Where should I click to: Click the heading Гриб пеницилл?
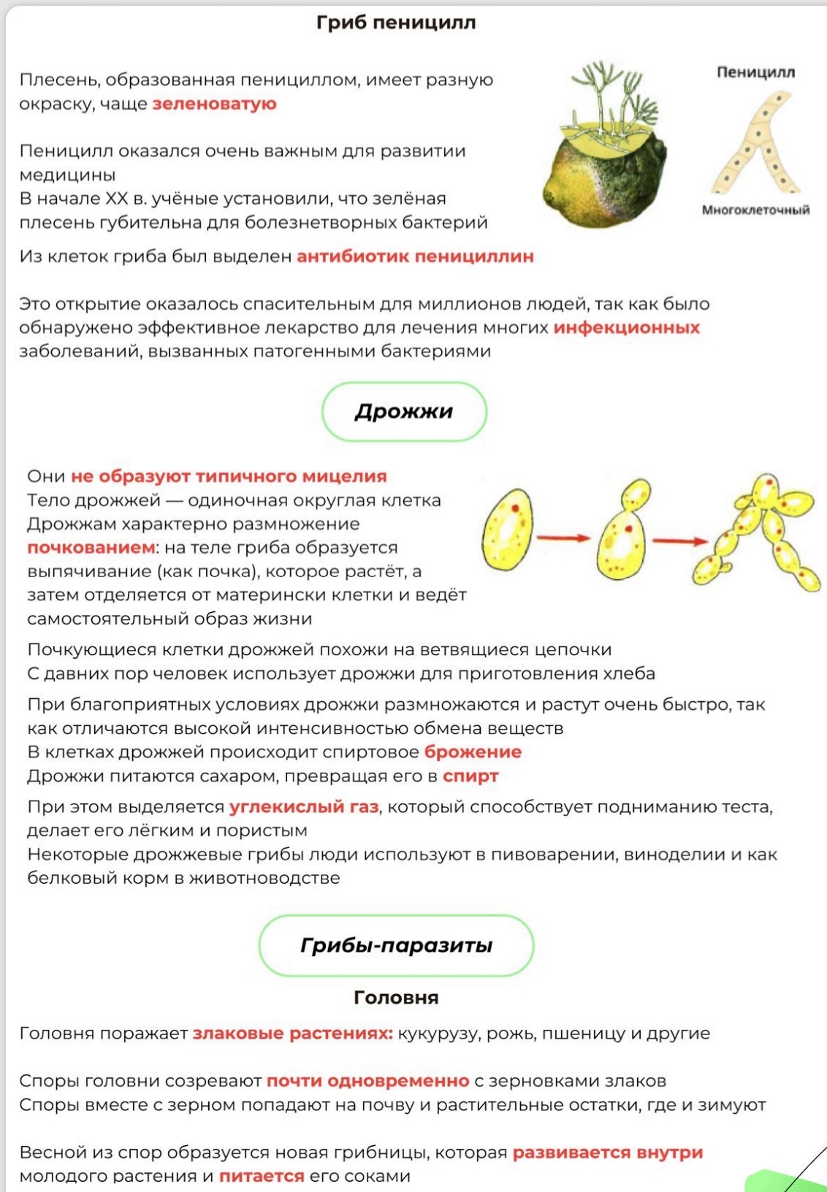pyautogui.click(x=396, y=23)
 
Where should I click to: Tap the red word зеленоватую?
pyautogui.click(x=214, y=104)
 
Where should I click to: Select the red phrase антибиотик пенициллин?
pyautogui.click(x=415, y=256)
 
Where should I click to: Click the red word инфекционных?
pyautogui.click(x=626, y=327)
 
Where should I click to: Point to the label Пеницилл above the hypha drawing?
pyautogui.click(x=755, y=72)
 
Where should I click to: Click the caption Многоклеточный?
pyautogui.click(x=755, y=210)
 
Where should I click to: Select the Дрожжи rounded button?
pyautogui.click(x=404, y=411)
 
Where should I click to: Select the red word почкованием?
pyautogui.click(x=91, y=548)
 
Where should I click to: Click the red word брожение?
pyautogui.click(x=473, y=752)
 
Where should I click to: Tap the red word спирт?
pyautogui.click(x=470, y=776)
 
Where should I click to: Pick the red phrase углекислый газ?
pyautogui.click(x=304, y=807)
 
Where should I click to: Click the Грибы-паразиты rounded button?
pyautogui.click(x=396, y=945)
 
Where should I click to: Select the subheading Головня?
pyautogui.click(x=396, y=998)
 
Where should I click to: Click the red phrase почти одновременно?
pyautogui.click(x=367, y=1081)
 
